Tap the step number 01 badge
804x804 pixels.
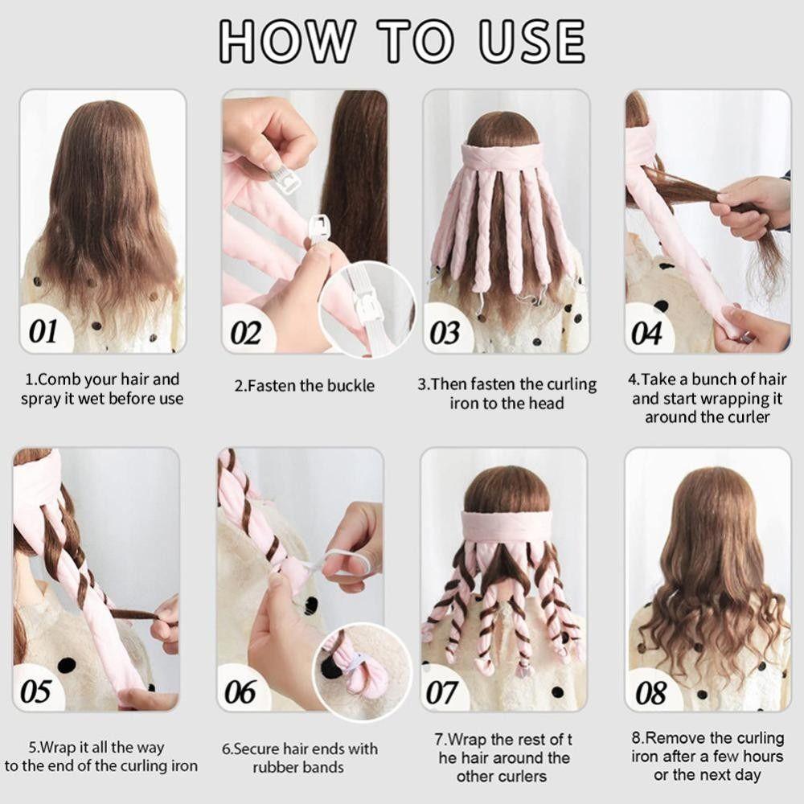(44, 330)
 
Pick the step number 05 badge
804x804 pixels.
(36, 691)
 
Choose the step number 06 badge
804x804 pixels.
(240, 691)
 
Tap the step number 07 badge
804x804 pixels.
(441, 691)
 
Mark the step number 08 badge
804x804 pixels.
(650, 691)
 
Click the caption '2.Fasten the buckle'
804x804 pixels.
(305, 386)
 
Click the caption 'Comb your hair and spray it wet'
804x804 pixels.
(101, 388)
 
